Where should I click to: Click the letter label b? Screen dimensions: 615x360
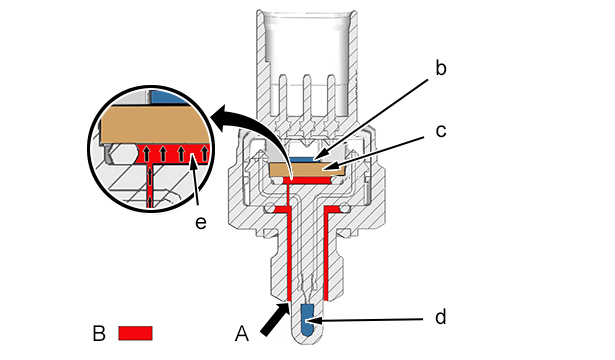pyautogui.click(x=441, y=68)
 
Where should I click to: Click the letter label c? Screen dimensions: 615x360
pyautogui.click(x=441, y=131)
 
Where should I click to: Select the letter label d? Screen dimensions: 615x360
pyautogui.click(x=441, y=316)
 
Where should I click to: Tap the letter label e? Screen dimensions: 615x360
pyautogui.click(x=200, y=223)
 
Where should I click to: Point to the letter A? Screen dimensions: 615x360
pyautogui.click(x=242, y=334)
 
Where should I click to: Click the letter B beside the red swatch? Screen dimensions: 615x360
pyautogui.click(x=99, y=334)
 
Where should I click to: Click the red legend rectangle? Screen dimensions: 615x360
pyautogui.click(x=135, y=333)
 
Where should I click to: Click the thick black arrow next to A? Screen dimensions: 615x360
pyautogui.click(x=275, y=320)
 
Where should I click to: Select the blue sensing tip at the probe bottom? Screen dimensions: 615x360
pyautogui.click(x=308, y=320)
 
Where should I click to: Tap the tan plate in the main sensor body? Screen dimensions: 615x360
pyautogui.click(x=307, y=169)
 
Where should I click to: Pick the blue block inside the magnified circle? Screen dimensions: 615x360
pyautogui.click(x=169, y=97)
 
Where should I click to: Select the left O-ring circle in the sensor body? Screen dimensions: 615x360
pyautogui.click(x=270, y=207)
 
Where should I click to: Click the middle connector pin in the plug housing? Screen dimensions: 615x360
pyautogui.click(x=307, y=98)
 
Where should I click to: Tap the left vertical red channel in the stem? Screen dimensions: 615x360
pyautogui.click(x=289, y=255)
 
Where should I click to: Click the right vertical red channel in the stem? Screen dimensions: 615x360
pyautogui.click(x=326, y=255)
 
